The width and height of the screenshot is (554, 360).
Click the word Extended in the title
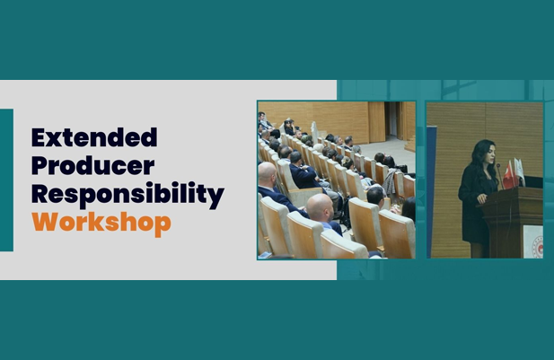pos(94,137)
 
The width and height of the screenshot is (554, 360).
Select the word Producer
pos(93,165)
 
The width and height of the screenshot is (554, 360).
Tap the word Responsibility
pos(128,194)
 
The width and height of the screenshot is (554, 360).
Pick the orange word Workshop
pos(101,223)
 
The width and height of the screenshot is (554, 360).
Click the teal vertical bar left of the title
pos(6,180)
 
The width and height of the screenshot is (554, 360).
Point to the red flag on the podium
pos(509,175)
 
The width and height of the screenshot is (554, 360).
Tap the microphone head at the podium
pos(498,165)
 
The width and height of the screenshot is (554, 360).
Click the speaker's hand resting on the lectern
pos(481,198)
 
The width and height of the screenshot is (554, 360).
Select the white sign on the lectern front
pos(532,241)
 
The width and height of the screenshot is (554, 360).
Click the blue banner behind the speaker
pos(431,192)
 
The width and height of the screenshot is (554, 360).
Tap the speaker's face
pos(489,153)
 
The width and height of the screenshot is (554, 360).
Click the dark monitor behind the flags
pos(533,182)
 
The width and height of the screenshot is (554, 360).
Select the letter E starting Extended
pos(39,137)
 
